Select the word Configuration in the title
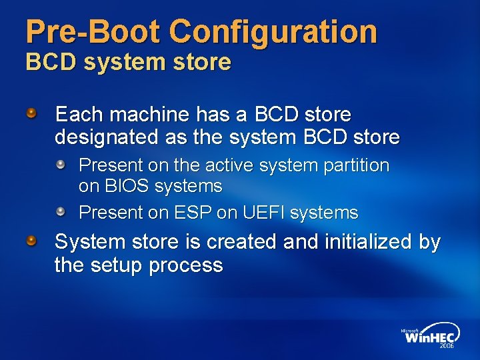tap(273, 31)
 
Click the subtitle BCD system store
tap(128, 62)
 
